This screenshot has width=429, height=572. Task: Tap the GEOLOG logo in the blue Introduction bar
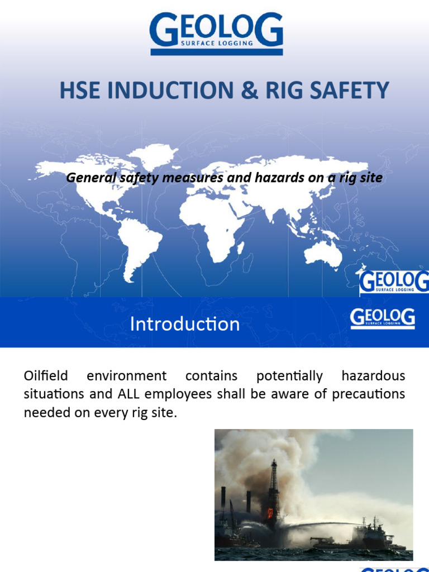[383, 319]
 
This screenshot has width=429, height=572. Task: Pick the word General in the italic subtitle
[87, 178]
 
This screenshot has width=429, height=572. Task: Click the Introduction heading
[185, 324]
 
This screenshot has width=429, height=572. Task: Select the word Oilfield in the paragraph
[45, 376]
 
